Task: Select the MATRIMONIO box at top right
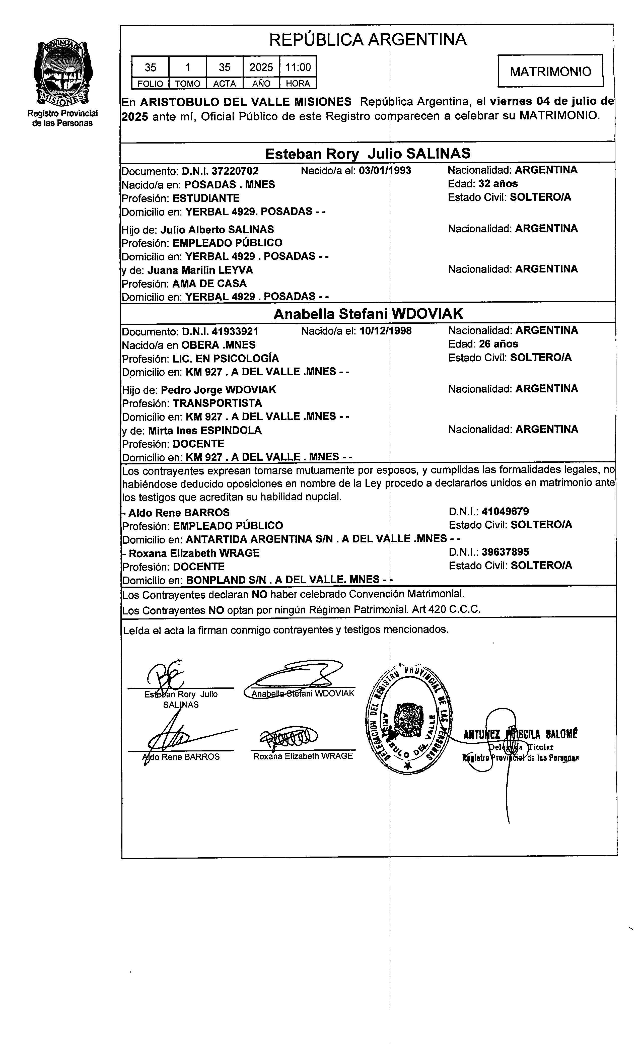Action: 550,71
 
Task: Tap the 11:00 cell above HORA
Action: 298,67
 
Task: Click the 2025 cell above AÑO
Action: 261,67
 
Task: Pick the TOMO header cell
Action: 187,84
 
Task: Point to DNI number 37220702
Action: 235,171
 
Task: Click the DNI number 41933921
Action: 235,331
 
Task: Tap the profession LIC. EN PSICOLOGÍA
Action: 226,358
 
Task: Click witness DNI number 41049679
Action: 505,511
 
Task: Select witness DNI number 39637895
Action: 505,552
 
